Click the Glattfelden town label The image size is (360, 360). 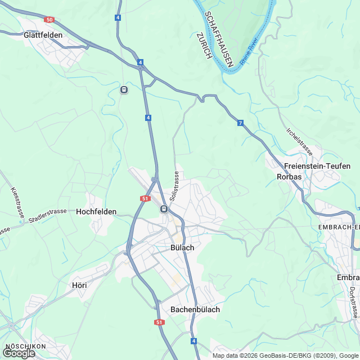(43, 34)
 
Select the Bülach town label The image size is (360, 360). (182, 247)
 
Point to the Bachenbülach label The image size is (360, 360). (195, 309)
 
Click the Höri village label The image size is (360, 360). (79, 285)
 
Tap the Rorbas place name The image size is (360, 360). (289, 177)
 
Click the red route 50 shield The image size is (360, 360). (49, 20)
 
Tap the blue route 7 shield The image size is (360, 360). (240, 123)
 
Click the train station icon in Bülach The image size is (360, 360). (164, 209)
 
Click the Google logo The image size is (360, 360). (19, 353)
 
